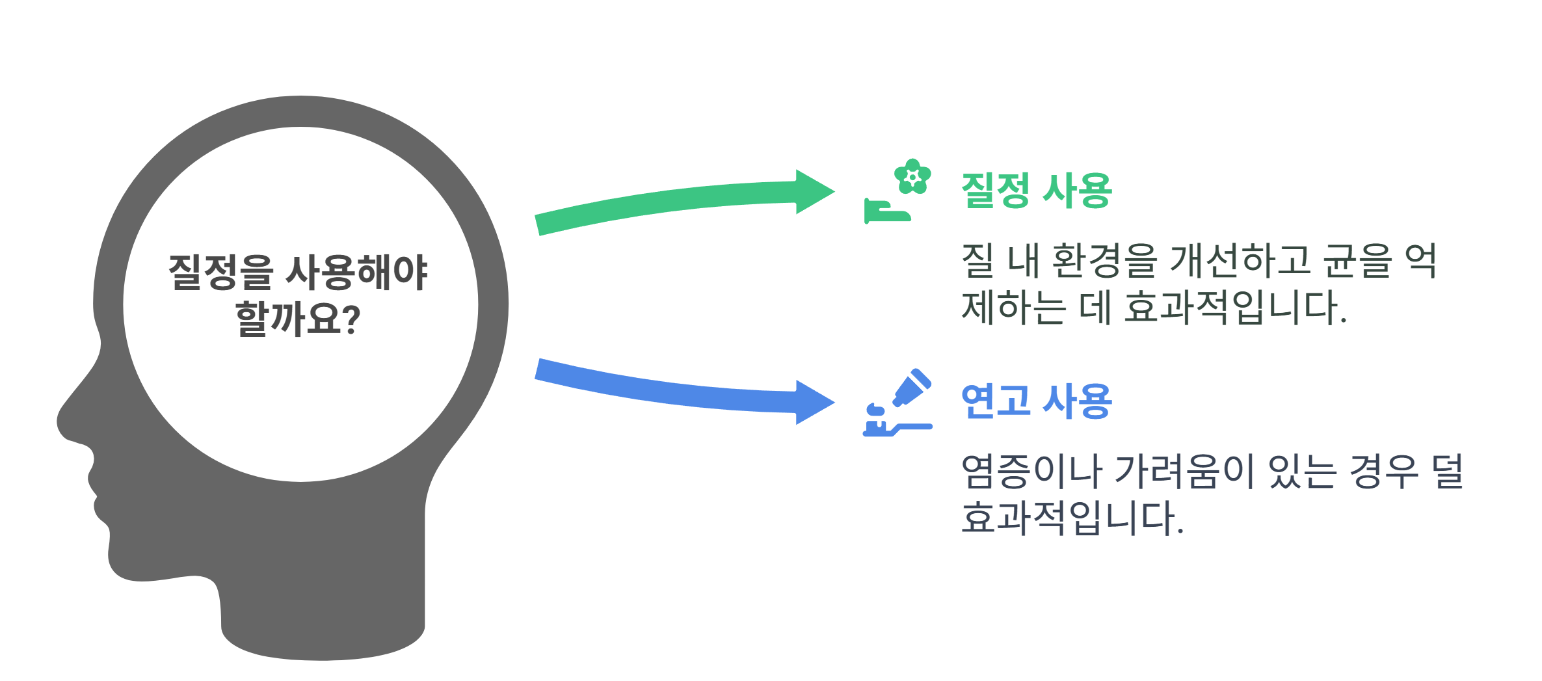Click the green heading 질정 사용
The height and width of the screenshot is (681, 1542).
click(x=1036, y=191)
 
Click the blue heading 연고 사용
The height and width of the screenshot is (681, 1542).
click(x=1036, y=401)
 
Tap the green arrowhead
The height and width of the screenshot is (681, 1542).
click(x=814, y=192)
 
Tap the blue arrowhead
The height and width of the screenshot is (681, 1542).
click(x=814, y=403)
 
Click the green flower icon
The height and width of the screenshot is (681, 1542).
click(x=912, y=176)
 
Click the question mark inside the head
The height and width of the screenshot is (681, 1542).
click(x=351, y=319)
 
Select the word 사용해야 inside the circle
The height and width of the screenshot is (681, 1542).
click(x=356, y=272)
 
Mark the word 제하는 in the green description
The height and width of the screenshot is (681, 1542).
click(x=1013, y=308)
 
